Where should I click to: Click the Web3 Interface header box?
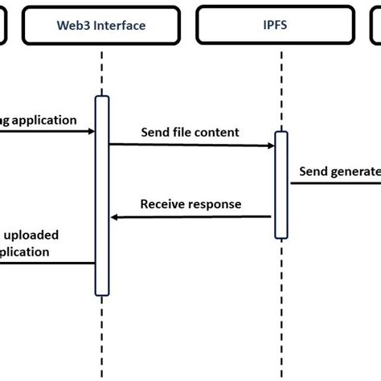pos(101,25)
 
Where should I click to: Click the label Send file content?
pos(190,131)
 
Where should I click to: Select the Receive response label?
pos(190,204)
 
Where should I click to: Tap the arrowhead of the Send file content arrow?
pos(271,145)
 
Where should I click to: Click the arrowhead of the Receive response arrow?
pos(116,216)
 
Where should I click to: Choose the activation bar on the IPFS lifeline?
pos(281,185)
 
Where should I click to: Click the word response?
pos(215,204)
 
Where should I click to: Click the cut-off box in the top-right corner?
pos(375,25)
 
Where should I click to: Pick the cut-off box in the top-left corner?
pos(3,25)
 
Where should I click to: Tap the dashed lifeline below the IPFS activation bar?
pos(281,305)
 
